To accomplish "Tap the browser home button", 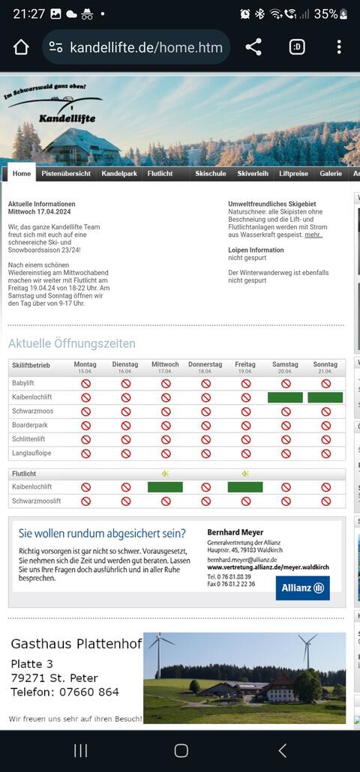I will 21,47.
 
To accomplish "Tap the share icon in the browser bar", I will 253,47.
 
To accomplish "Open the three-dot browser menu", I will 339,47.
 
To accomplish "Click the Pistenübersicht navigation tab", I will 66,173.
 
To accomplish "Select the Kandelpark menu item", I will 119,173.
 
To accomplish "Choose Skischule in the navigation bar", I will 211,173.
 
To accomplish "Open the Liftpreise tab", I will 293,173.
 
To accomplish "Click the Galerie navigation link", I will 331,173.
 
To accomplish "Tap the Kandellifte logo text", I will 67,118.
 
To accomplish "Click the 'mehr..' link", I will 313,235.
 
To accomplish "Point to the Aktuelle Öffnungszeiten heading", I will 72,343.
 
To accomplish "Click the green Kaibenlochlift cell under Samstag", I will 285,397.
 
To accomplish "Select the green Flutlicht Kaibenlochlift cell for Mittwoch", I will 165,487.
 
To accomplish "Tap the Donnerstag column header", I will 205,364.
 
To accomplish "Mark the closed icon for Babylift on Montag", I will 85,383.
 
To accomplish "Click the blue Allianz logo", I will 302,588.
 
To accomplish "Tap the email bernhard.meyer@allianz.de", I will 241,559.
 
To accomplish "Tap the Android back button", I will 282,750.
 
